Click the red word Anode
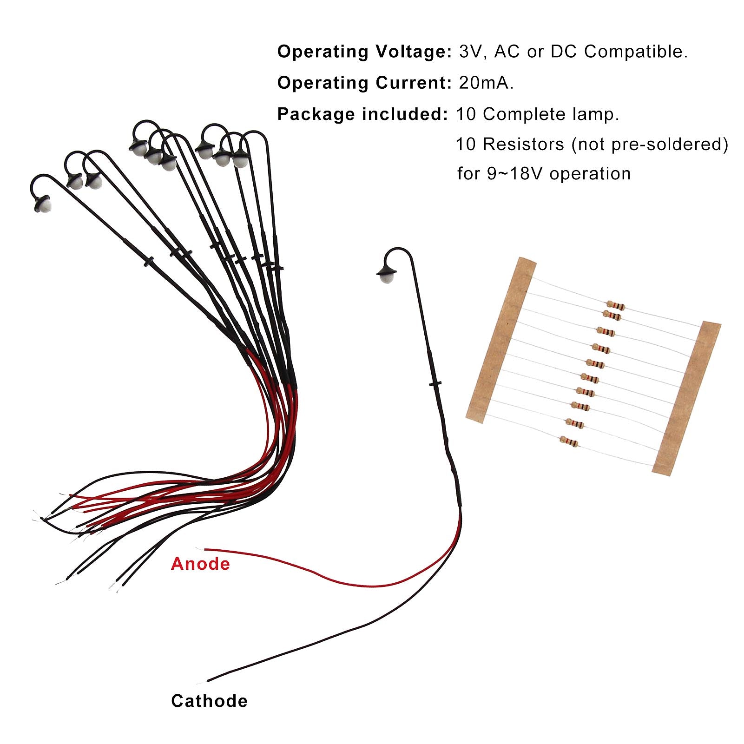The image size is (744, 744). pos(200,564)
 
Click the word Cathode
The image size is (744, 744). pos(209,701)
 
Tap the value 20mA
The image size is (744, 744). pos(486,83)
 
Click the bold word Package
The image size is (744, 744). pos(316,114)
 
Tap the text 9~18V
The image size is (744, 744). pos(516,174)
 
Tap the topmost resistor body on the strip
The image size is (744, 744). pos(615,305)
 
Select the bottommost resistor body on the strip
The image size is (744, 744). pos(569,441)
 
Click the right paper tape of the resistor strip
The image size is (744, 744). pos(687,397)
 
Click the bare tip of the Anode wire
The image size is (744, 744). pos(201,548)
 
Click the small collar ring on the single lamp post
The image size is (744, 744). pos(435,383)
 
